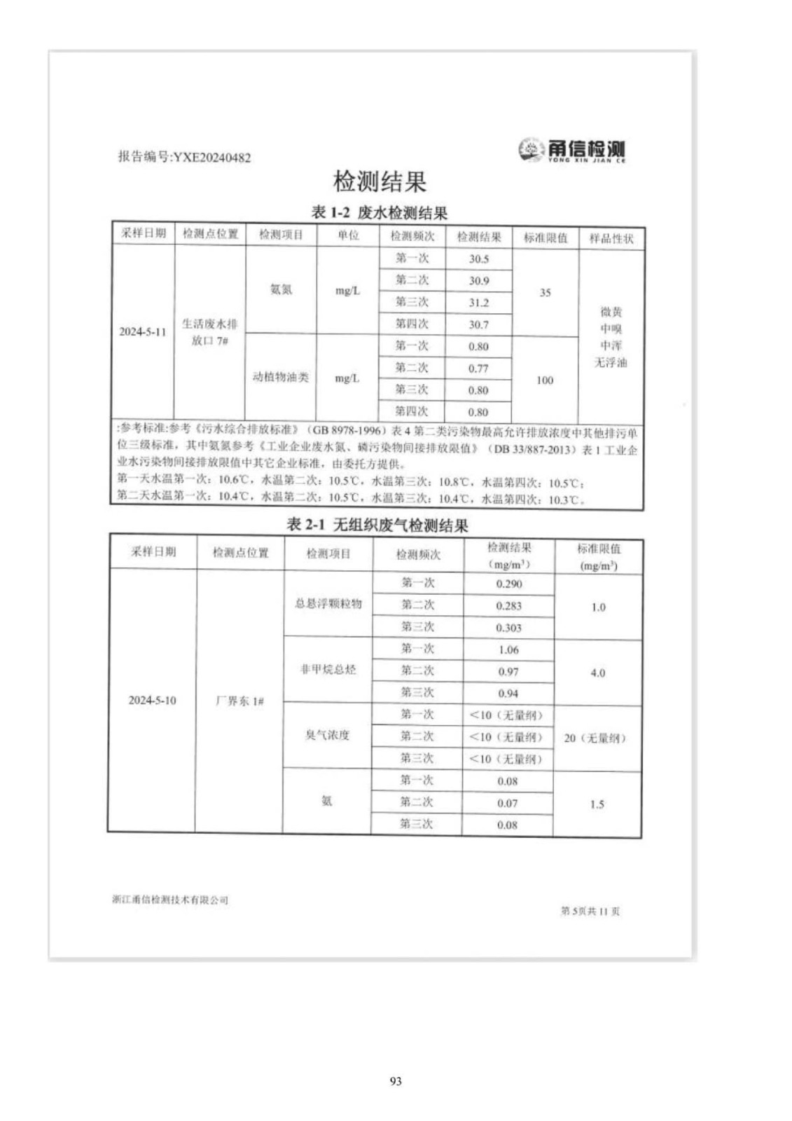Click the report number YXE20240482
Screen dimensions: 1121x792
pyautogui.click(x=184, y=157)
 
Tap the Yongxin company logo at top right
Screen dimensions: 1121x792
pyautogui.click(x=572, y=150)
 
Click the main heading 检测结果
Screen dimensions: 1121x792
pyautogui.click(x=380, y=182)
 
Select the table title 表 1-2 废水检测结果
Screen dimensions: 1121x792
pyautogui.click(x=379, y=213)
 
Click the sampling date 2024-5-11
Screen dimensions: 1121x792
pyautogui.click(x=143, y=332)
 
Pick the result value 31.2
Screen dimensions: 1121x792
pyautogui.click(x=479, y=303)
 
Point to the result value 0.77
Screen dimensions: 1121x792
pyautogui.click(x=478, y=369)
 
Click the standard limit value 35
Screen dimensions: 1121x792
pyautogui.click(x=546, y=293)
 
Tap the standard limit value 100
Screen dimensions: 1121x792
pyautogui.click(x=545, y=380)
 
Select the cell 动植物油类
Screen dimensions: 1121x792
pyautogui.click(x=281, y=377)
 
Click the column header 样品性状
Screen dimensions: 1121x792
pyautogui.click(x=611, y=238)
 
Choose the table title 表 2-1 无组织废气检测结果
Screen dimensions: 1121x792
pyautogui.click(x=377, y=525)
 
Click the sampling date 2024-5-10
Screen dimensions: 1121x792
pyautogui.click(x=152, y=700)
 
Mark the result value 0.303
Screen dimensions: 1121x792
pyautogui.click(x=508, y=628)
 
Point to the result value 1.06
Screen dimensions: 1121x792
pyautogui.click(x=508, y=649)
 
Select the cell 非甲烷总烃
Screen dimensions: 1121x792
pyautogui.click(x=328, y=670)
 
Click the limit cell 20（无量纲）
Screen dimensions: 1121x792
pyautogui.click(x=595, y=738)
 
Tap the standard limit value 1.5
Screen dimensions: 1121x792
pyautogui.click(x=597, y=804)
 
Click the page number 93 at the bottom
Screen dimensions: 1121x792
pyautogui.click(x=396, y=1081)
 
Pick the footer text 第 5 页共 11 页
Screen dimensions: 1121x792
pyautogui.click(x=590, y=911)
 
